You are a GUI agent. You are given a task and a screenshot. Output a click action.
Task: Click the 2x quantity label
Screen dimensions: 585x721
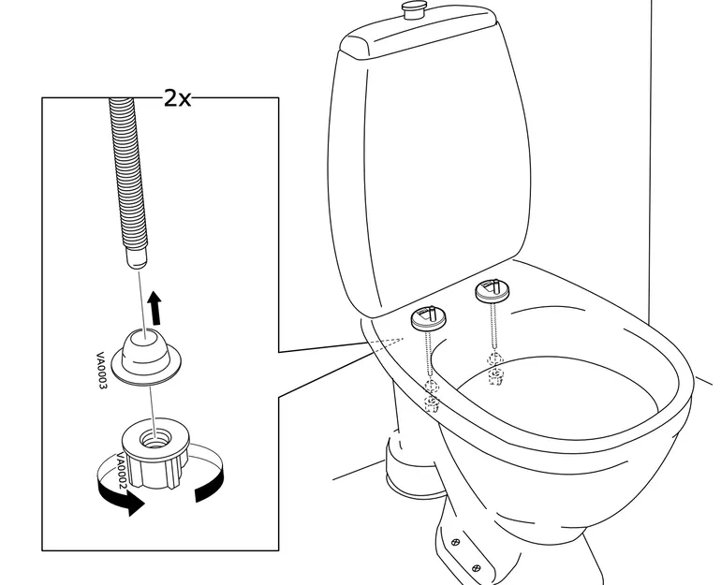coord(177,96)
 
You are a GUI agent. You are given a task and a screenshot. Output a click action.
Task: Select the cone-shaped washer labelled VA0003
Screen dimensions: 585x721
coord(148,354)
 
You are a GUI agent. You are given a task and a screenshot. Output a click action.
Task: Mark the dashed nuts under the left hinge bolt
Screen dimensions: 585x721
coord(432,395)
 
